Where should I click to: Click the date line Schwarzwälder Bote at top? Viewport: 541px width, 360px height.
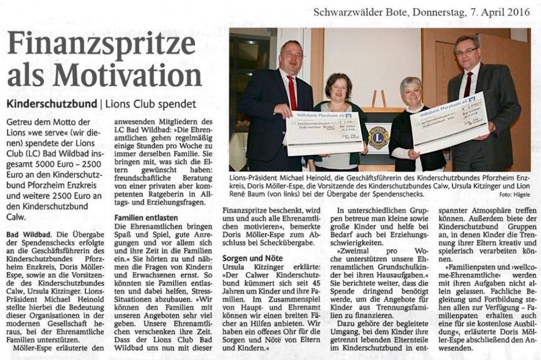coord(359,11)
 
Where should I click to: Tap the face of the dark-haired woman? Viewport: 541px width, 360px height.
coord(339,89)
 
